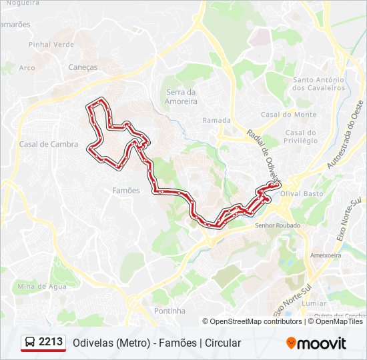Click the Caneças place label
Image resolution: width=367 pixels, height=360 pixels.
click(83, 67)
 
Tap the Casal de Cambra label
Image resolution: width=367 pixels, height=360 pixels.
click(49, 144)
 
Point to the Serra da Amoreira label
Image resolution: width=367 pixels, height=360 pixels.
click(181, 97)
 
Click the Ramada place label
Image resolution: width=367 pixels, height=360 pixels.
click(216, 121)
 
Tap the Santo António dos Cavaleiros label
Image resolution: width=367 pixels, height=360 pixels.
click(318, 84)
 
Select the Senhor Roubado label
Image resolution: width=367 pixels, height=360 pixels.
click(278, 225)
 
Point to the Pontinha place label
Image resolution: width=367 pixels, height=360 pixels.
click(169, 311)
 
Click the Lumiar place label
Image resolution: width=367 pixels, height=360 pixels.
click(314, 303)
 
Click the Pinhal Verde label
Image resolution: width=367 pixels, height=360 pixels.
click(51, 45)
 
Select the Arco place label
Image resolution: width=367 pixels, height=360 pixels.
click(27, 67)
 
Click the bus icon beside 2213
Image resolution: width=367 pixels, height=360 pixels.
click(30, 343)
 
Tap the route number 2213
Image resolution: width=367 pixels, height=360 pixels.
click(51, 342)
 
